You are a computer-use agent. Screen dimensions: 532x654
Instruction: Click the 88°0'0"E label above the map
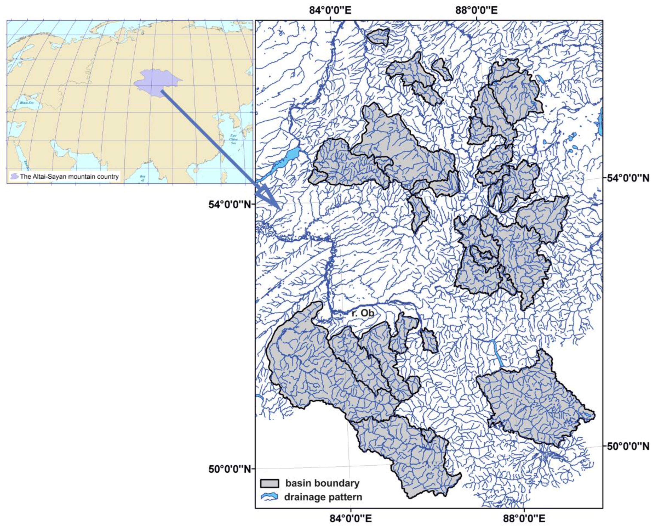pyautogui.click(x=477, y=10)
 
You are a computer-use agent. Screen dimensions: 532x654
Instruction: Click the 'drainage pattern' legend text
pyautogui.click(x=323, y=497)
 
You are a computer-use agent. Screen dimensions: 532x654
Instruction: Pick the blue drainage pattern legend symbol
pyautogui.click(x=269, y=497)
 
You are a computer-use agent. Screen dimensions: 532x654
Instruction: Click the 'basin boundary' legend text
pyautogui.click(x=322, y=483)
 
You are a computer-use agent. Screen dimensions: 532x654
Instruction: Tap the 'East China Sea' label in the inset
pyautogui.click(x=233, y=139)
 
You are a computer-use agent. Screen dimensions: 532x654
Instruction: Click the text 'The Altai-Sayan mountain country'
pyautogui.click(x=69, y=177)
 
